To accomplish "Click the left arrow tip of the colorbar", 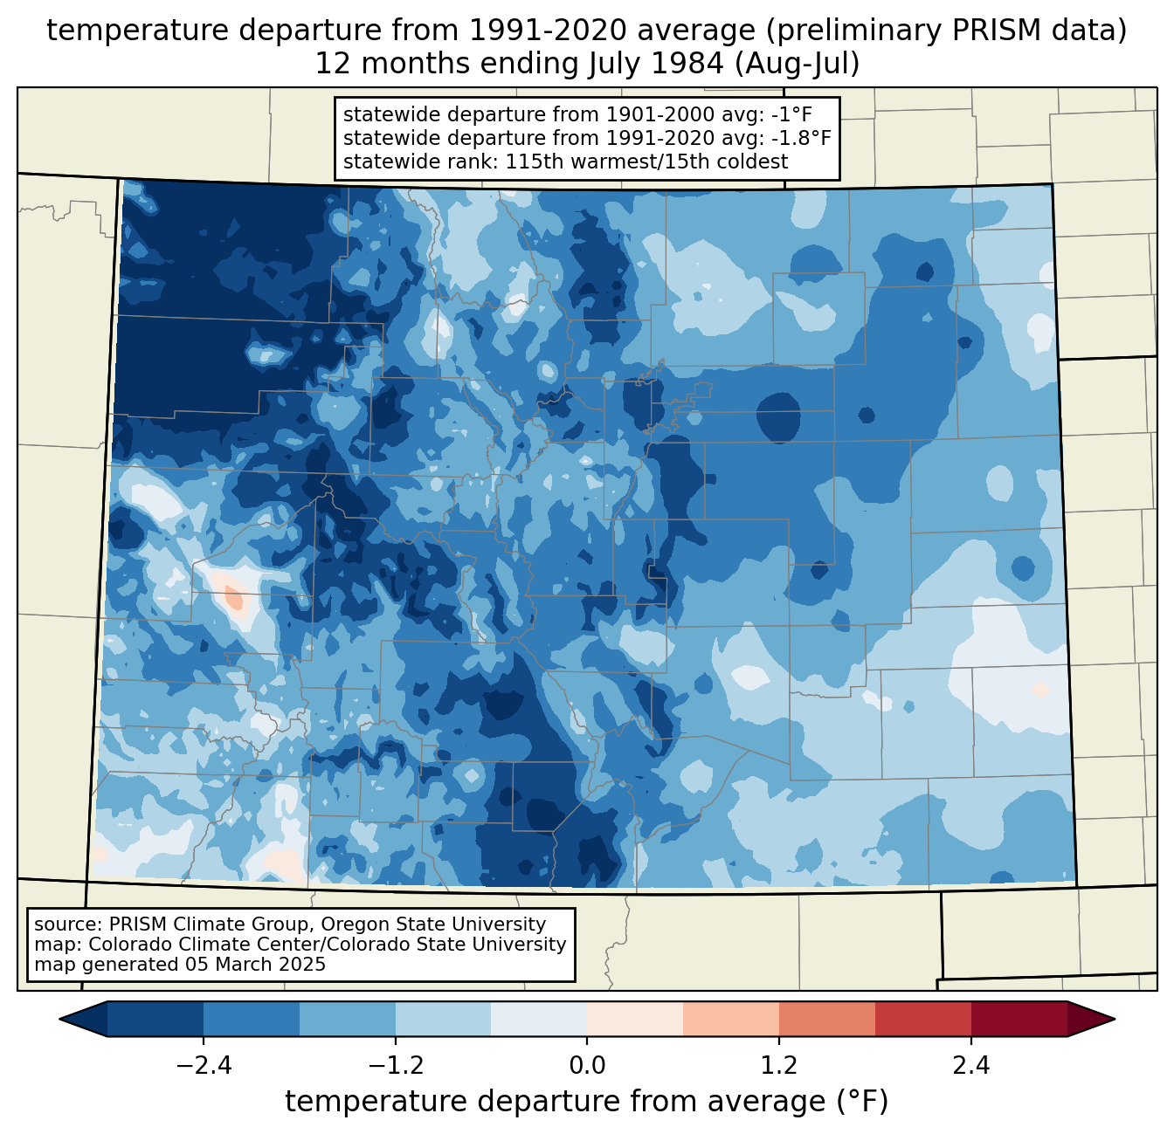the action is point(60,1019).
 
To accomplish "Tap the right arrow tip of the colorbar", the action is point(1115,1019).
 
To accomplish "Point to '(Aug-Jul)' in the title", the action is point(797,64).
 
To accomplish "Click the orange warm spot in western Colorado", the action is point(234,599).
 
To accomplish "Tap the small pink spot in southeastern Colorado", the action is point(1040,691).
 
